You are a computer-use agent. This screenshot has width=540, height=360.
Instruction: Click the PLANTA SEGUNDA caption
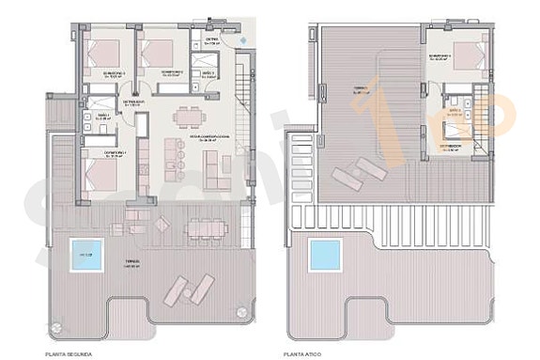[x=69, y=353]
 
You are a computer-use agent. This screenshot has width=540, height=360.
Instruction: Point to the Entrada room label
[x=213, y=40]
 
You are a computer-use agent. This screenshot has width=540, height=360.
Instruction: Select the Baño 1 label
[x=104, y=117]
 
